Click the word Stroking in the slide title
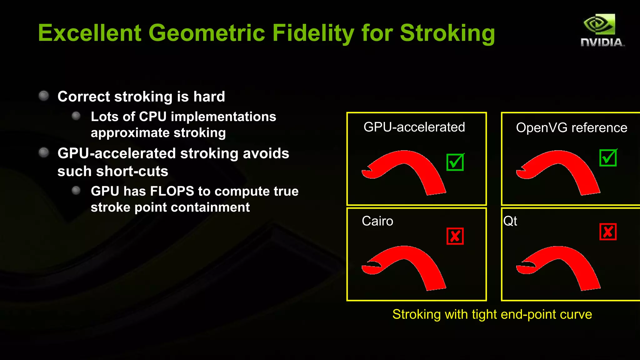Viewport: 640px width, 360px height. tap(447, 33)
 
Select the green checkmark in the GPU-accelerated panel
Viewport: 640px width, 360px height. tap(455, 162)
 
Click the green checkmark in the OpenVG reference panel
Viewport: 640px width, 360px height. tap(608, 158)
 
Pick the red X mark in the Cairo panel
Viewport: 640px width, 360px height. tap(455, 236)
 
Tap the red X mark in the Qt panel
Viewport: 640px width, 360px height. tap(608, 232)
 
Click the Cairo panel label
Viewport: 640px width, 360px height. tap(377, 221)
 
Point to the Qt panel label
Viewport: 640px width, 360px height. tap(510, 221)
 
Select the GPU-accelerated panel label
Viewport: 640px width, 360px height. tap(414, 127)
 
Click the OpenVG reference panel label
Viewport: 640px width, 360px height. tap(571, 128)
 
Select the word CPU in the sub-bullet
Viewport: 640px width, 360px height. tap(153, 117)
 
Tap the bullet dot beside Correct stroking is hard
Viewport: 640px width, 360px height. tap(44, 96)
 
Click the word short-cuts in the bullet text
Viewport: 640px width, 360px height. tap(132, 171)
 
